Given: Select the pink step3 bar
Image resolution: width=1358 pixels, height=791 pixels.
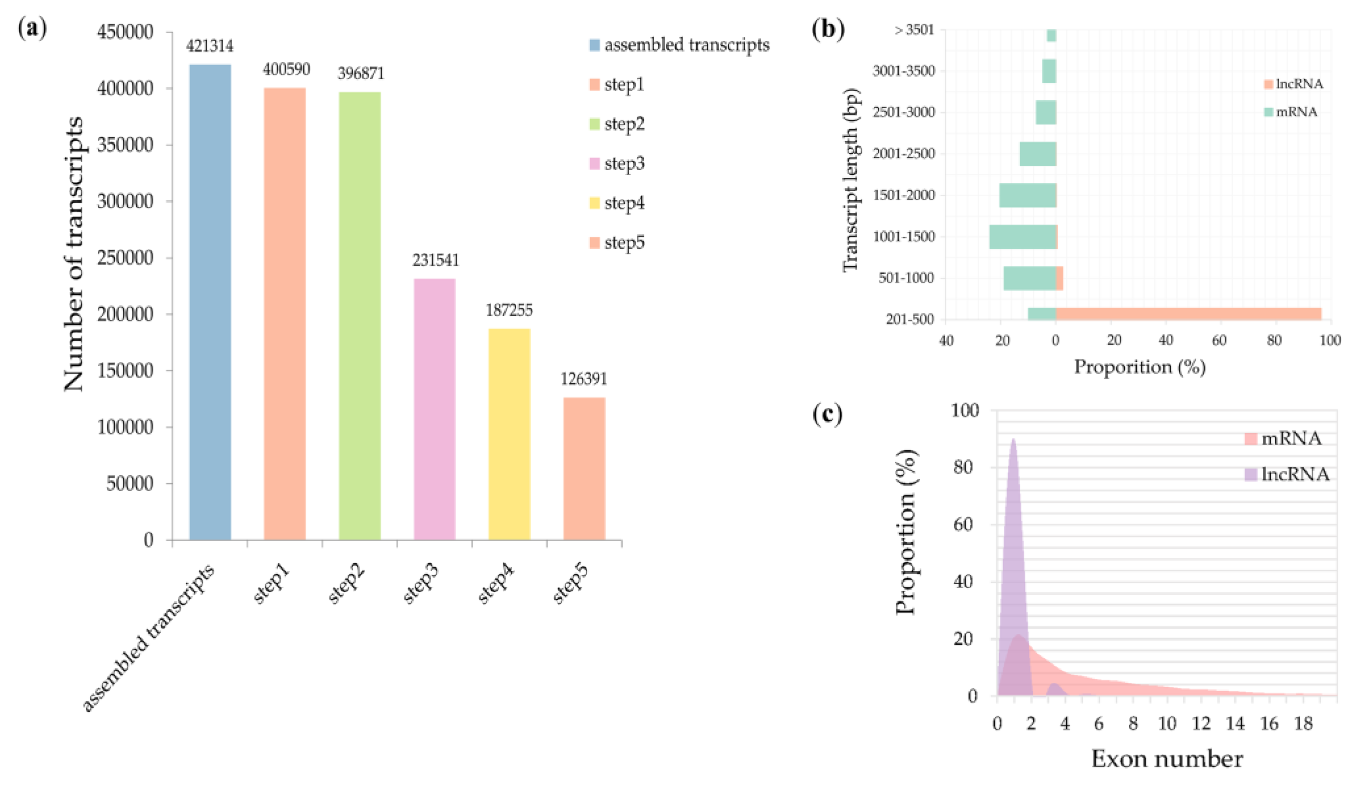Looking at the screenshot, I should coord(434,409).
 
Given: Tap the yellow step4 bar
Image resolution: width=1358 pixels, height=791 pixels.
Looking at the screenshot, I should coord(509,434).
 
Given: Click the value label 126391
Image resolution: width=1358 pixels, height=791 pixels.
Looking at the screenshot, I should coord(584,379).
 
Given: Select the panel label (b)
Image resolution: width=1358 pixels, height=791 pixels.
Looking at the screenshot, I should coord(828,30).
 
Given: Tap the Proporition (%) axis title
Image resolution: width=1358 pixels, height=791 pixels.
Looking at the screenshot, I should coord(1139,367).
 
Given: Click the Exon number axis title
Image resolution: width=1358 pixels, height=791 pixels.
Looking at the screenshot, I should coord(1167,759).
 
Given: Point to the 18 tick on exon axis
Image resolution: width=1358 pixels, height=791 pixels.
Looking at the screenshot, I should coord(1303,724).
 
